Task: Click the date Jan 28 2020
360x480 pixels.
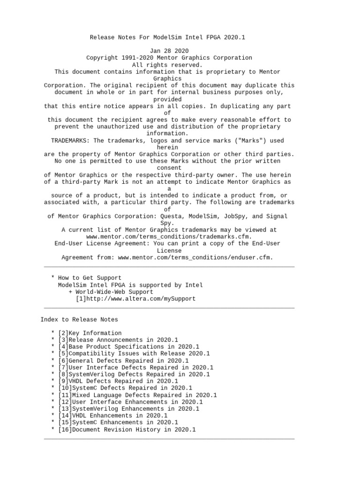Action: click(169, 51)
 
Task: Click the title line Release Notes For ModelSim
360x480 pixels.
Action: click(167, 37)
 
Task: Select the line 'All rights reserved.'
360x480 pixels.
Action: click(167, 65)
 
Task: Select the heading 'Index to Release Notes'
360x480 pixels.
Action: click(79, 319)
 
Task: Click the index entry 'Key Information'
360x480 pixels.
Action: click(92, 333)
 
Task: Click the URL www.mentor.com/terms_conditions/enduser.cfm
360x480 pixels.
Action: click(195, 257)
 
